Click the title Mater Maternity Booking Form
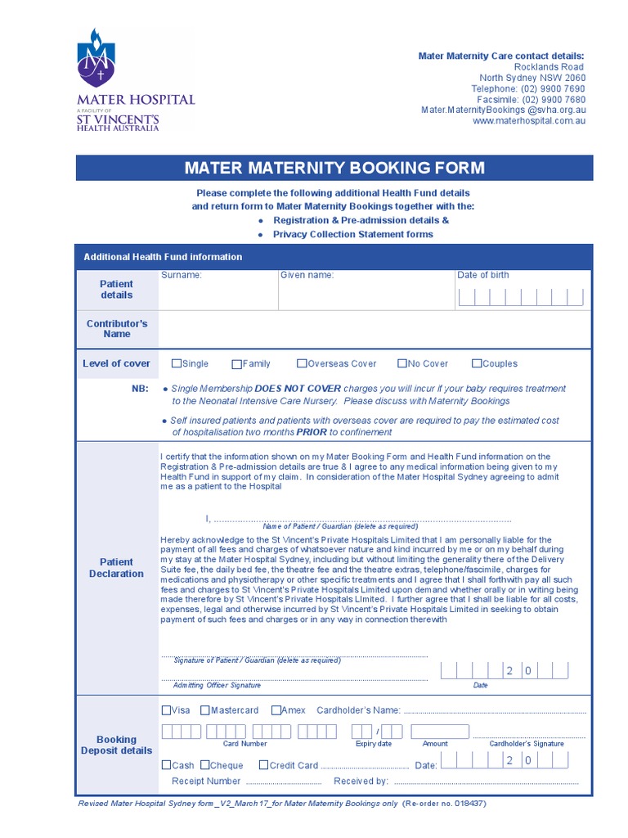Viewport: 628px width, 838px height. pos(334,169)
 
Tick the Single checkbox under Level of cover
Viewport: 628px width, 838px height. pos(177,363)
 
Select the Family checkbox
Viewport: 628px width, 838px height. pos(237,364)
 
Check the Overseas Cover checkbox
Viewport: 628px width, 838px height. pos(302,363)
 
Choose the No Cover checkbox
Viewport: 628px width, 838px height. pos(402,363)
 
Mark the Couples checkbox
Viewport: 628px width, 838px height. pos(477,363)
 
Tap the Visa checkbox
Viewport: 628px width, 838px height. pos(167,710)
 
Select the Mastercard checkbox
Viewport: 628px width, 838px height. pos(205,710)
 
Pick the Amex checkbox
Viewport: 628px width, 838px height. pos(276,710)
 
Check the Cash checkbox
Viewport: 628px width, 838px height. pos(167,765)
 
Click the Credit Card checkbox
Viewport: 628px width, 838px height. pos(263,765)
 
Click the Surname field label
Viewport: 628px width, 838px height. pos(181,275)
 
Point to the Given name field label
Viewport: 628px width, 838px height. pos(307,275)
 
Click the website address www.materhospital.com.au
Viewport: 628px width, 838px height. pos(529,120)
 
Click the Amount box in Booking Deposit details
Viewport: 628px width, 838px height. pos(440,731)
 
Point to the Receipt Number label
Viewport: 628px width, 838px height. pos(206,781)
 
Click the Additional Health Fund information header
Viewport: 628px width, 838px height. pos(163,257)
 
